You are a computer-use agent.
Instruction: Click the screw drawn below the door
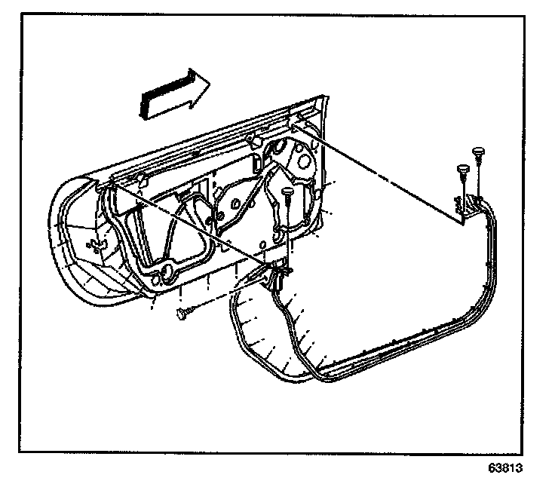point(185,312)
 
